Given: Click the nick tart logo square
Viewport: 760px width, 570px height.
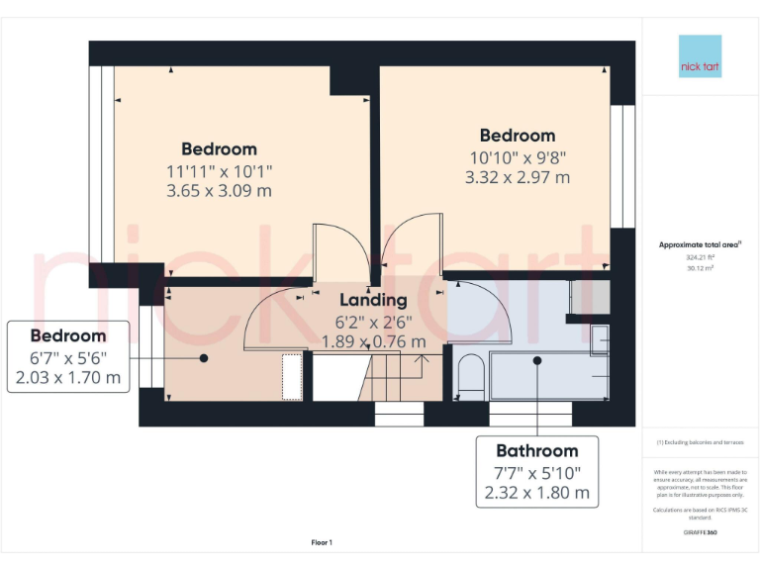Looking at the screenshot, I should [x=700, y=56].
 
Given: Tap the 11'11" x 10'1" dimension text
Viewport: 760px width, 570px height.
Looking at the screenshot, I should [x=219, y=170].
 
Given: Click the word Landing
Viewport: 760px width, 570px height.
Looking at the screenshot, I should [x=373, y=300].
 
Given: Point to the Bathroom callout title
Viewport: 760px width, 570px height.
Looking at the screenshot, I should [x=536, y=450].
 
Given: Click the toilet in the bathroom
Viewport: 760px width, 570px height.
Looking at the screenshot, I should [x=470, y=375].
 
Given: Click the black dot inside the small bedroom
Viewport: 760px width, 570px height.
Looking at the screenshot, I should [x=204, y=357].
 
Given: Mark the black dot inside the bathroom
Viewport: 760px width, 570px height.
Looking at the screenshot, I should [x=537, y=360].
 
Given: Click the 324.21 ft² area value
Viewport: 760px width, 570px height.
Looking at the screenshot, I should [x=700, y=255].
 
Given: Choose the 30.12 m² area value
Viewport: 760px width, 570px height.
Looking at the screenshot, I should [x=700, y=265].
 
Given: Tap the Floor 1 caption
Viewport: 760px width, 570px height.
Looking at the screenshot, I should [x=322, y=542].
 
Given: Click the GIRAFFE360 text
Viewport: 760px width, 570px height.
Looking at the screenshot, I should [x=700, y=532].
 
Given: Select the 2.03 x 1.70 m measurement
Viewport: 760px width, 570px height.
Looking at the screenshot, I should [x=68, y=377].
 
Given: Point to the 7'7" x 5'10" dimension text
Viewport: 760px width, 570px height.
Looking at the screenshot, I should [x=536, y=472].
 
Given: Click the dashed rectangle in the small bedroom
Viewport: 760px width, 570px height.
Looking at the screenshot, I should [x=292, y=377].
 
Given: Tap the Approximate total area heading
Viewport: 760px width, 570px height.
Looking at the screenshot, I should [x=699, y=243].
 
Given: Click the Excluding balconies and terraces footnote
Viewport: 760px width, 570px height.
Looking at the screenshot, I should [x=700, y=442].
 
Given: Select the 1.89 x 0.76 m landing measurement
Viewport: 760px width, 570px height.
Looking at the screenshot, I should [x=373, y=341].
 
